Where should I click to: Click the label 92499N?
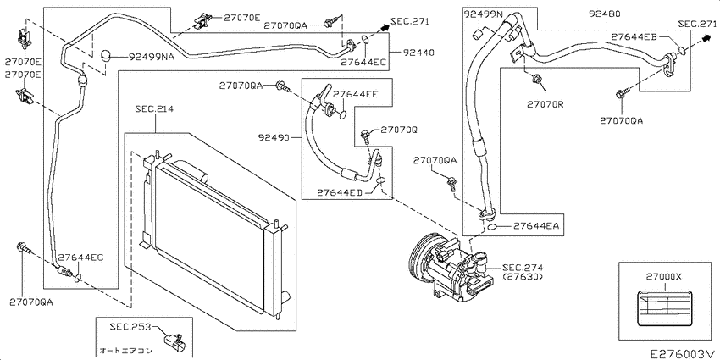point(483,14)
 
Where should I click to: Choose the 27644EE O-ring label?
point(356,94)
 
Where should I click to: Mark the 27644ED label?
point(340,193)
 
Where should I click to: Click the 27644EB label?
point(634,36)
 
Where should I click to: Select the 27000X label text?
point(663,277)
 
